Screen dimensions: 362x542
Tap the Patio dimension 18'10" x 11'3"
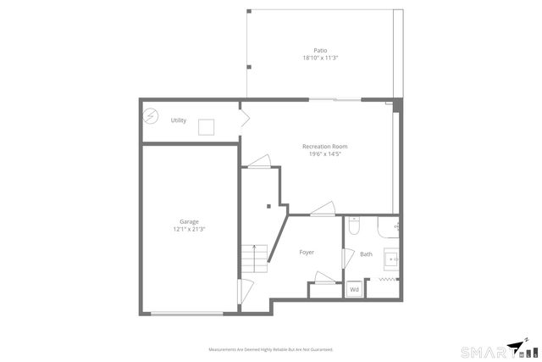320,58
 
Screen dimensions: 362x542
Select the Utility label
178,120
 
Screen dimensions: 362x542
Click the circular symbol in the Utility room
152,116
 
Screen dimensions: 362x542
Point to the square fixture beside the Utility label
207,127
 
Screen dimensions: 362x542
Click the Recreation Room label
324,147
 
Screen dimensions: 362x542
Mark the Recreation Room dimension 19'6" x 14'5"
324,153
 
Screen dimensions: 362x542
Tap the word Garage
188,222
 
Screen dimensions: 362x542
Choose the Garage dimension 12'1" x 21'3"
189,229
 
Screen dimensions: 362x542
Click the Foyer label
307,253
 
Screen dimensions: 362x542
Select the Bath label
366,254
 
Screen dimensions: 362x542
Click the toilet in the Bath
355,226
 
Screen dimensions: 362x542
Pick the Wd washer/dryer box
354,290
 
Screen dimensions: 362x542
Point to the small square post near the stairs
268,204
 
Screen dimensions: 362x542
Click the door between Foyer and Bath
346,259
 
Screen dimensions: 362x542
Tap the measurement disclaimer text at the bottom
270,349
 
